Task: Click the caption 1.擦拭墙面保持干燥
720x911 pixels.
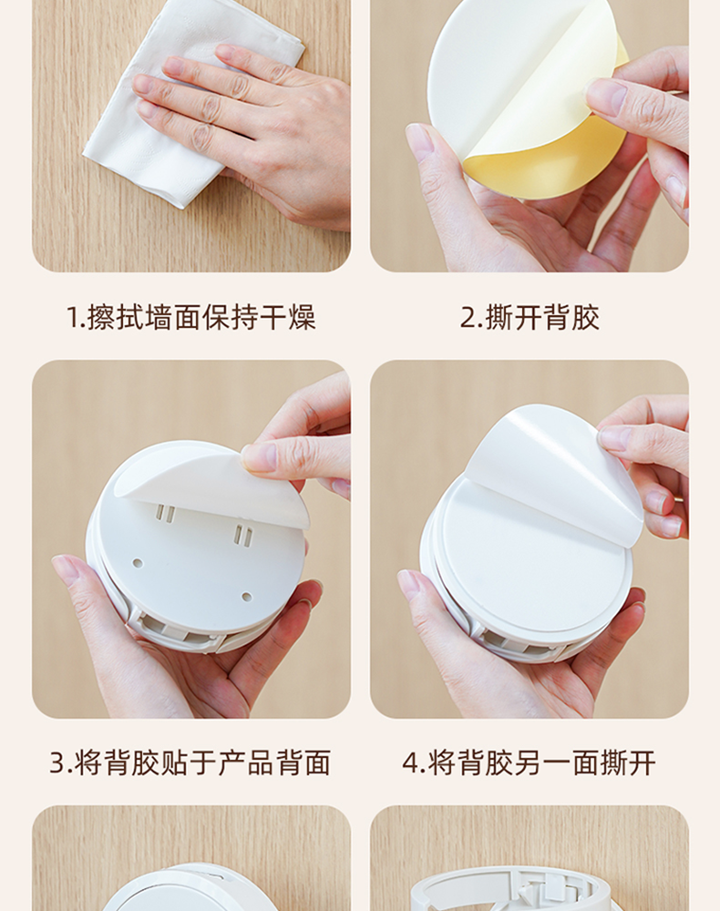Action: pyautogui.click(x=190, y=318)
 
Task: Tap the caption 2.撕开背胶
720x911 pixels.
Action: pyautogui.click(x=530, y=318)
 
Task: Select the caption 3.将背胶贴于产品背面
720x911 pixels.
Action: pyautogui.click(x=190, y=763)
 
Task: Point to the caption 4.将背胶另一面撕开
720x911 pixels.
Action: pyautogui.click(x=529, y=763)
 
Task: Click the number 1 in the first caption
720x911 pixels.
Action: pyautogui.click(x=73, y=318)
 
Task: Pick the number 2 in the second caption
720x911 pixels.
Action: pyautogui.click(x=468, y=318)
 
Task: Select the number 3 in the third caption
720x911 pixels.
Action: pyautogui.click(x=57, y=763)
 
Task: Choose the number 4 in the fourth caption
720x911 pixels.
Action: pyautogui.click(x=410, y=763)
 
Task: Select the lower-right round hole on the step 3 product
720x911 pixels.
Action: pyautogui.click(x=246, y=597)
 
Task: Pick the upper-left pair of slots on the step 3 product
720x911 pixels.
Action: pyautogui.click(x=167, y=514)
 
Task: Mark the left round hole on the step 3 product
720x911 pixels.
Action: pyautogui.click(x=138, y=563)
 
